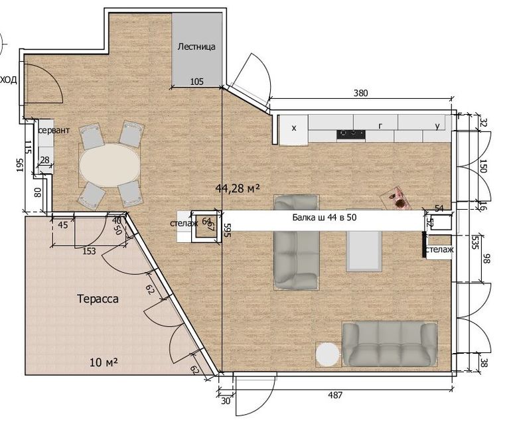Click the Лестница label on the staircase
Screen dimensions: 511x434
click(196, 46)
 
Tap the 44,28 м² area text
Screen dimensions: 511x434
click(238, 188)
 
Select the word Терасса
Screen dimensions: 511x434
click(98, 299)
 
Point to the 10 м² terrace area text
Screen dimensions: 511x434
click(104, 362)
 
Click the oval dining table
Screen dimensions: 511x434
click(110, 165)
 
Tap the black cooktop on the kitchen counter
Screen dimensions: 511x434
click(351, 134)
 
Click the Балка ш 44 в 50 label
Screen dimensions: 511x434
click(325, 217)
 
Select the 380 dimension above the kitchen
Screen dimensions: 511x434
click(361, 93)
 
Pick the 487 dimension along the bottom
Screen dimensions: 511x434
click(335, 396)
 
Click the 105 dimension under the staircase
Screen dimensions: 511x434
click(196, 81)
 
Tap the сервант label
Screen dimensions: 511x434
click(54, 130)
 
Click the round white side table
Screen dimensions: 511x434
click(328, 354)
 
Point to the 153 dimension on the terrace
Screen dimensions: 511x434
click(90, 251)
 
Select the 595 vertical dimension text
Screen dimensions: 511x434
click(228, 230)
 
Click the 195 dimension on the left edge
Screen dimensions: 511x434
click(20, 165)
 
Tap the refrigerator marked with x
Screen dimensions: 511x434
click(293, 129)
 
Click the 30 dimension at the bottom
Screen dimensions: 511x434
click(226, 401)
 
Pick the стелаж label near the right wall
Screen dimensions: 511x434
click(439, 250)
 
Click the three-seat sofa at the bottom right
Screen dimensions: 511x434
click(390, 344)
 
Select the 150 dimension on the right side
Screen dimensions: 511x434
click(483, 166)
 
